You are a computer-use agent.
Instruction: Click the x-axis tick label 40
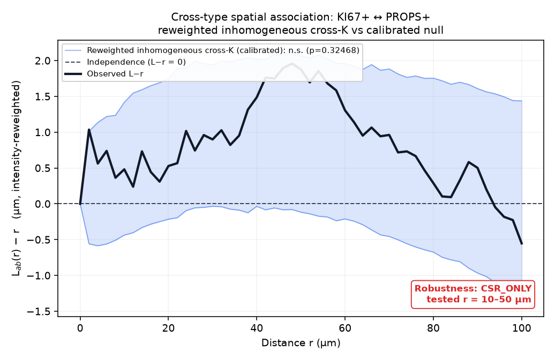257,328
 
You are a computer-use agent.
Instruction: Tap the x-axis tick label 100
522,328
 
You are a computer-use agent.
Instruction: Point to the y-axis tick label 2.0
44,61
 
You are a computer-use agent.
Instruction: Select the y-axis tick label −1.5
41,311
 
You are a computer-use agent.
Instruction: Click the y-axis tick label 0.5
44,168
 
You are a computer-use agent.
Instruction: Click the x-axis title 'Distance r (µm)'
301,343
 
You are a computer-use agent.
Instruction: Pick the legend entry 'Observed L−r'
115,73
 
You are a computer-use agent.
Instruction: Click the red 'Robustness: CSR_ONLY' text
473,288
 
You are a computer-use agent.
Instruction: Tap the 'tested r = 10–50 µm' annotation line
478,299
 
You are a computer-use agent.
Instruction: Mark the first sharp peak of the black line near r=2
89,130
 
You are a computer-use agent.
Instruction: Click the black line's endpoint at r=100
522,244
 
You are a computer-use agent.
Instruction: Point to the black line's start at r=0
80,204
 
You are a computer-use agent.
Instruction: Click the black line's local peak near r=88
469,162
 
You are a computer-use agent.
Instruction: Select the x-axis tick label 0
80,328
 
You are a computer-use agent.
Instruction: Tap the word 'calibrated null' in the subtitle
405,30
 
